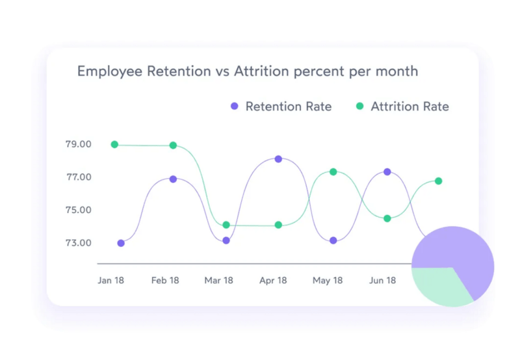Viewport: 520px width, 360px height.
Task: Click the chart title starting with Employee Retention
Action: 247,71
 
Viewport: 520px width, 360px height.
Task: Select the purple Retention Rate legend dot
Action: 235,107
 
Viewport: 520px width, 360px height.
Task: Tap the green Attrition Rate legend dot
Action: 359,107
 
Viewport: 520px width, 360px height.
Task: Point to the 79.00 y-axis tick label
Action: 78,144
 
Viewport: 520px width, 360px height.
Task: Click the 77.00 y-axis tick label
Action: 78,177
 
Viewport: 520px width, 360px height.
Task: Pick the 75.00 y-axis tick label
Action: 78,211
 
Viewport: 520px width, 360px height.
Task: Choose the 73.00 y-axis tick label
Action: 78,243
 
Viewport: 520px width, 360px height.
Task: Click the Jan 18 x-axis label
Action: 110,281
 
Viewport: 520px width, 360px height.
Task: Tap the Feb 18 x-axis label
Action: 165,281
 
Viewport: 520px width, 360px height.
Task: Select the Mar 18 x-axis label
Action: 218,281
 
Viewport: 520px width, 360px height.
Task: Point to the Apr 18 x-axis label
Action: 273,281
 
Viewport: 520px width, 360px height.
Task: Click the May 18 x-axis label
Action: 328,281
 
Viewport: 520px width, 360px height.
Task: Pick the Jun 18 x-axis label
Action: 382,281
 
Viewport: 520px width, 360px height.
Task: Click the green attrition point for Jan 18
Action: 114,144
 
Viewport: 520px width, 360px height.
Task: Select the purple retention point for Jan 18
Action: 121,243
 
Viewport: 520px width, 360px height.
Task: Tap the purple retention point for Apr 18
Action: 278,159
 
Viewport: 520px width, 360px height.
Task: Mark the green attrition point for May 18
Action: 333,172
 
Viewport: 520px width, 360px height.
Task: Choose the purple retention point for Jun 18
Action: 387,172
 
